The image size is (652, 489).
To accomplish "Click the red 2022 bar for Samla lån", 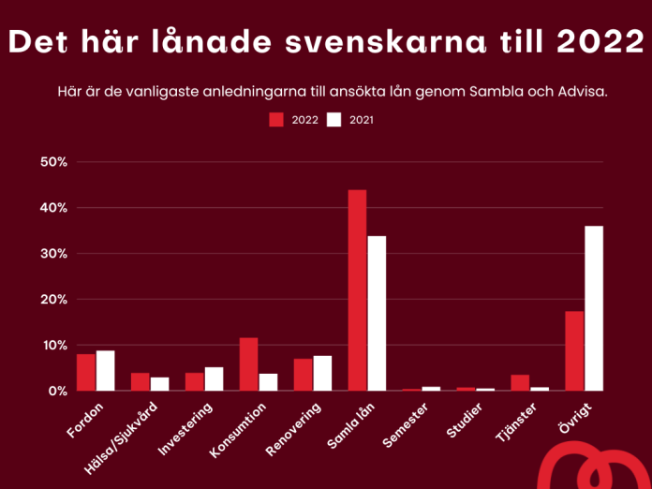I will coord(357,290).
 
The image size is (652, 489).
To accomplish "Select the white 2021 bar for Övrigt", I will coord(594,308).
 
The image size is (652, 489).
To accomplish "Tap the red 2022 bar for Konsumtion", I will coord(248,364).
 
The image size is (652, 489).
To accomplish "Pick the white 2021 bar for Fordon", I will coord(105,371).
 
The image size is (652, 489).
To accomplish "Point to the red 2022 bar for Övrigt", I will coord(574,351).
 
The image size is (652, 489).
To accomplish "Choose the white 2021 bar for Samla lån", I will coord(377,314).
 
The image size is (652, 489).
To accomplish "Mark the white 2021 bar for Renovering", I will coord(322,373).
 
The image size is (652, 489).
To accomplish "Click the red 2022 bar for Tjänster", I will coord(520,382).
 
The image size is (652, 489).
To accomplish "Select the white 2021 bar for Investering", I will coord(214,378).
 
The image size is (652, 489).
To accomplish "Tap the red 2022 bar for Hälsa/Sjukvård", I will coord(140,381).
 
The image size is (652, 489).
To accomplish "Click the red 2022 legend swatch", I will coord(276,120).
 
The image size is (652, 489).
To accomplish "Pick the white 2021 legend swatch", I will coord(334,120).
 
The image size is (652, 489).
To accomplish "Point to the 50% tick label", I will coord(54,162).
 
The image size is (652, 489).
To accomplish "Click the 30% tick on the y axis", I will coord(54,254).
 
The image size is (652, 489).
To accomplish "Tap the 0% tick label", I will coord(58,391).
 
